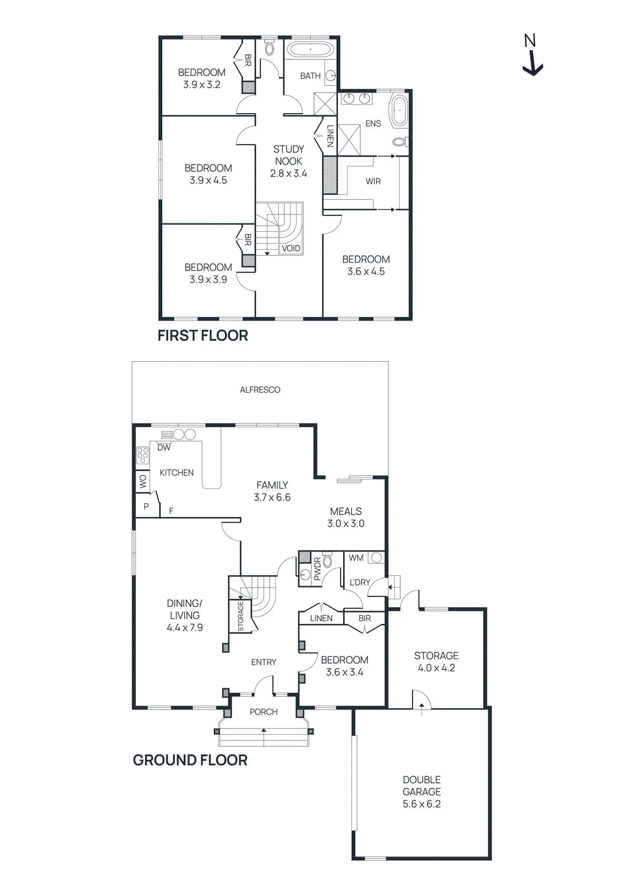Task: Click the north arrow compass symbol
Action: pos(532,56)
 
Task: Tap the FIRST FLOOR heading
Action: pos(203,335)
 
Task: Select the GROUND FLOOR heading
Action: pos(190,760)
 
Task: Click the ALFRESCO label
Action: pos(260,390)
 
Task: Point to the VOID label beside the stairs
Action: pos(291,248)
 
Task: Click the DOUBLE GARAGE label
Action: pos(421,786)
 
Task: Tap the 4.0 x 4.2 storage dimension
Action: pos(436,668)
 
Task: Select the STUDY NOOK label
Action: pos(288,155)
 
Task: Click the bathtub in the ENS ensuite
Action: pos(399,110)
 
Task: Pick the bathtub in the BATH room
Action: pos(310,50)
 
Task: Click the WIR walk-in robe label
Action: pos(373,181)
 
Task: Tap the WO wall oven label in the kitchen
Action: pos(143,482)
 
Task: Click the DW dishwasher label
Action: pos(163,447)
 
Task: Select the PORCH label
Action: pos(264,712)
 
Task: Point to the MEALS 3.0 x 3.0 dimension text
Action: pos(346,524)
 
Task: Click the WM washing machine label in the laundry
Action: pos(356,558)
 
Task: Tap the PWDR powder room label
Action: pos(317,568)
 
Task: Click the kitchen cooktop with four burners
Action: pos(143,456)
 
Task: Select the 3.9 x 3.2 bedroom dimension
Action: pos(201,85)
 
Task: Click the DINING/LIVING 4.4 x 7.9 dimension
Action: pos(185,628)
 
